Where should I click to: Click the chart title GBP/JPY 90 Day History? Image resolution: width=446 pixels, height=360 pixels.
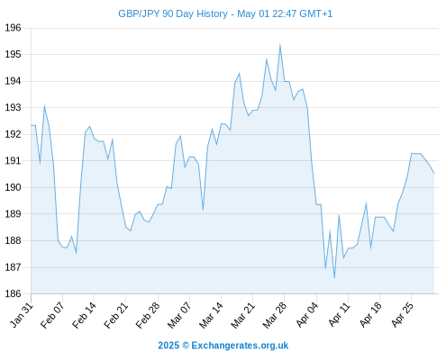coord(173,14)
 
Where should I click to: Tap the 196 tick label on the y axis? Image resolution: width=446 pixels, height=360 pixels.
coord(13,28)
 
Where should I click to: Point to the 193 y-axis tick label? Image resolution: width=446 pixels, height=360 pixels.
coord(13,107)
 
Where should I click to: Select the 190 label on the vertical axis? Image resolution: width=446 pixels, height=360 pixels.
coord(13,187)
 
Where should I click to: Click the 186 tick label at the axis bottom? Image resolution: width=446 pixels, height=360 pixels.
coord(13,293)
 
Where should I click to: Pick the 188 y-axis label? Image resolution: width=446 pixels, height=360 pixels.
coord(13,240)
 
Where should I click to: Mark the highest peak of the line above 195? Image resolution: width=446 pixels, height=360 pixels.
coord(280,44)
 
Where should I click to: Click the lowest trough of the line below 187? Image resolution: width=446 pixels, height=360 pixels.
coord(334,277)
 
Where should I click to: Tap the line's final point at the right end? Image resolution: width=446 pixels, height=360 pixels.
coord(433,173)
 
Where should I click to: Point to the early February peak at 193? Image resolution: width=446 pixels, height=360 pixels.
coord(44,106)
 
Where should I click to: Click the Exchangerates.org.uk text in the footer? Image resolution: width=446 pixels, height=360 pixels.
coord(240,346)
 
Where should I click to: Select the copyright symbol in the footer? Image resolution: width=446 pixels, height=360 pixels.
coord(186,346)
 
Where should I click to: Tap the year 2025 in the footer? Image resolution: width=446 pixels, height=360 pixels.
coord(168,346)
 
